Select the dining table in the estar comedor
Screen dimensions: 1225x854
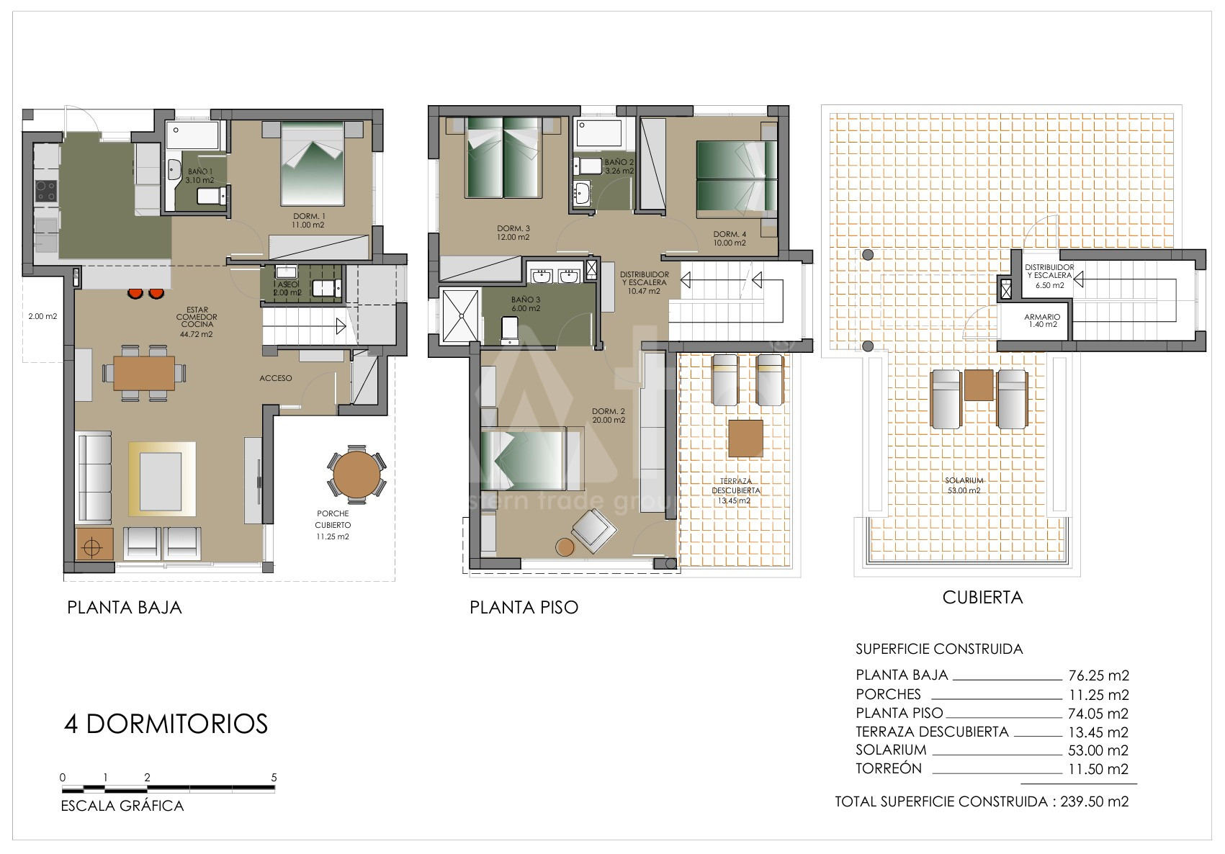pyautogui.click(x=144, y=373)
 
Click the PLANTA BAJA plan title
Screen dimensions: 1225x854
pyautogui.click(x=124, y=608)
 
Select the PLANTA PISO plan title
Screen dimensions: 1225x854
pyautogui.click(x=524, y=608)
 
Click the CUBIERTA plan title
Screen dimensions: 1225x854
pyautogui.click(x=982, y=598)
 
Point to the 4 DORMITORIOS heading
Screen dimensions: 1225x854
pyautogui.click(x=166, y=724)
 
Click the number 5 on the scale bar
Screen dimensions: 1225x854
pyautogui.click(x=274, y=778)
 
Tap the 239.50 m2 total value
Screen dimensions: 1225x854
pyautogui.click(x=1095, y=801)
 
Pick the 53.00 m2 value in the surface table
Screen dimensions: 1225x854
pyautogui.click(x=1098, y=750)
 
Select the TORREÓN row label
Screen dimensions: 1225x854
pyautogui.click(x=889, y=768)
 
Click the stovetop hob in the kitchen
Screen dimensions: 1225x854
pyautogui.click(x=46, y=192)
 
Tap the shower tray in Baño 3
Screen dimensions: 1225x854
pyautogui.click(x=460, y=316)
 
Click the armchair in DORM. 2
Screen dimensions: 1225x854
pyautogui.click(x=594, y=530)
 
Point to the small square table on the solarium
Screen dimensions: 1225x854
pyautogui.click(x=979, y=385)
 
